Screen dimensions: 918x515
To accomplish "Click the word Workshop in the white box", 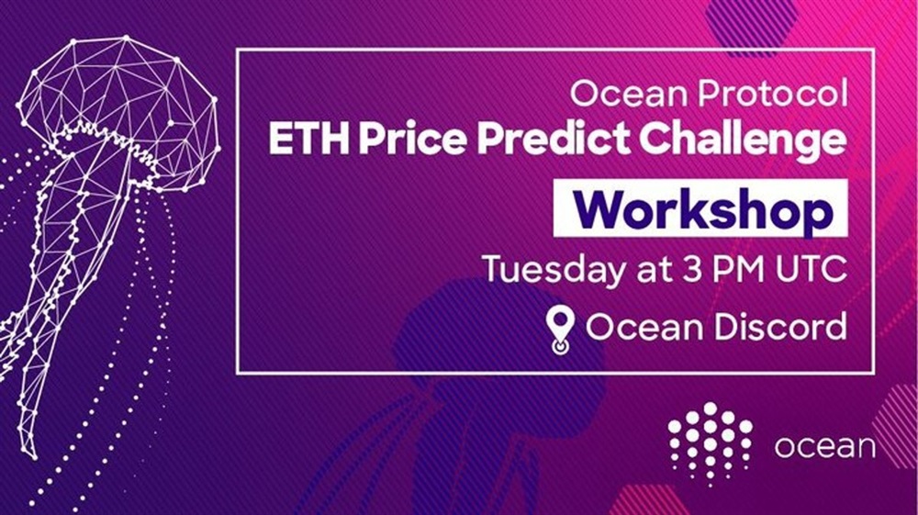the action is tap(703, 209).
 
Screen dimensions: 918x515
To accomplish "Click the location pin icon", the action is tap(560, 331).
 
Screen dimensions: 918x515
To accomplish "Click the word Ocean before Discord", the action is tap(644, 327).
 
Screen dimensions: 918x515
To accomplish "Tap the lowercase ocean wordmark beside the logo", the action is tap(825, 448).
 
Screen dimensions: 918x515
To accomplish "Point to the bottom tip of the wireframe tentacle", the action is tap(33, 457).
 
